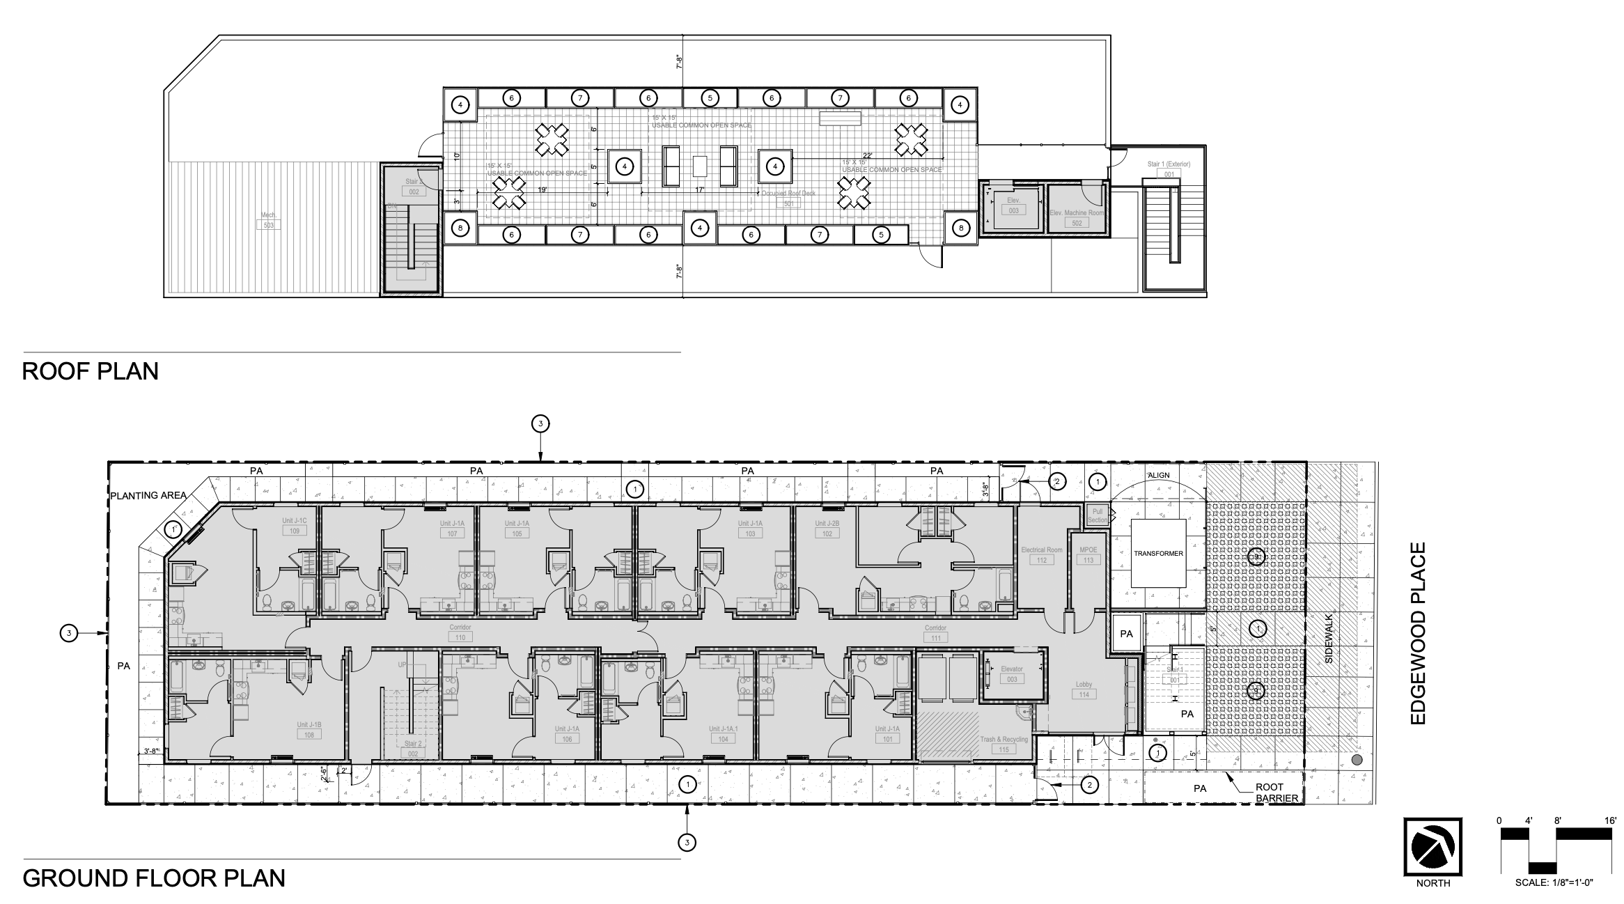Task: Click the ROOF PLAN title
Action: (x=91, y=371)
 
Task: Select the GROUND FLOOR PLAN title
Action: (x=154, y=878)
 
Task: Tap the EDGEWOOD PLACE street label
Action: (x=1419, y=633)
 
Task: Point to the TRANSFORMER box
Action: (x=1158, y=554)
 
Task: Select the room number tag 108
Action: (x=309, y=735)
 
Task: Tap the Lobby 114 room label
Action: (x=1084, y=689)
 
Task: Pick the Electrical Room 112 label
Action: (x=1042, y=555)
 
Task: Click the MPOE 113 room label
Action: (x=1088, y=555)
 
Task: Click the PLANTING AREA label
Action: (x=148, y=496)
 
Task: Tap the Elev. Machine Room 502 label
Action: (x=1077, y=218)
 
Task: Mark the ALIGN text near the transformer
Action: (x=1159, y=475)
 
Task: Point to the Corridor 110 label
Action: (x=460, y=632)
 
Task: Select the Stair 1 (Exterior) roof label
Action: (x=1169, y=169)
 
